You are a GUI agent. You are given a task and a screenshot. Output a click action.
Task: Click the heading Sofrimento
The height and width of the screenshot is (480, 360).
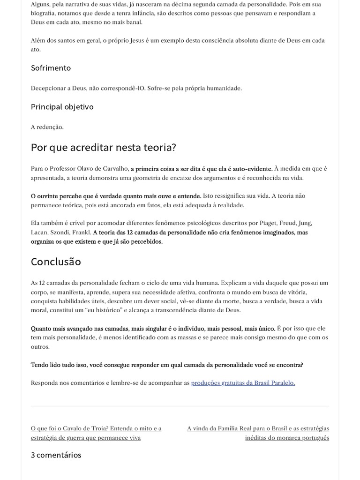coord(51,68)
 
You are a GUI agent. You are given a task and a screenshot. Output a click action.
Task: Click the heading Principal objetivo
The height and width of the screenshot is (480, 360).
coord(62,107)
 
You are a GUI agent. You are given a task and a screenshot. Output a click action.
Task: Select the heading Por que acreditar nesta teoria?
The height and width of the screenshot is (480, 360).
coord(103,147)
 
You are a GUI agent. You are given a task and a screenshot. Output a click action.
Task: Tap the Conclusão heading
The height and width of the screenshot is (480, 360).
coord(56,262)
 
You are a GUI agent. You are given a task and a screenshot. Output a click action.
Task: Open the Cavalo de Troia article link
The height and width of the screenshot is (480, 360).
coord(96,433)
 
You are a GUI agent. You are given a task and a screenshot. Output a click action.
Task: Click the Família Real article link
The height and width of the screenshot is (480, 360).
coord(258,433)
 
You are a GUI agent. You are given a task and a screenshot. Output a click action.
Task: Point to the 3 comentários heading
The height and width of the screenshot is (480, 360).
coord(56,455)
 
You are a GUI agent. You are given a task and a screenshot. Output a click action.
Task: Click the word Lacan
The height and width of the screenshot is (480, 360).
coord(40,232)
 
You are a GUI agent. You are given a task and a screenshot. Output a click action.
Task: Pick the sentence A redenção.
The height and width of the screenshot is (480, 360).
coord(47,127)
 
